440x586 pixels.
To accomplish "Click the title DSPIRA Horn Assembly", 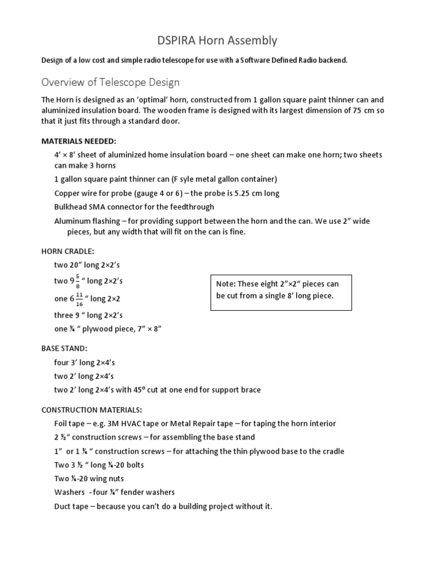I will coord(217,40).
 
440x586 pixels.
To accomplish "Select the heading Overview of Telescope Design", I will coord(110,82).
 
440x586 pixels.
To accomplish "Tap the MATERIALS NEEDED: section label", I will coord(78,141).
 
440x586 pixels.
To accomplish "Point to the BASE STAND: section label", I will coord(64,348).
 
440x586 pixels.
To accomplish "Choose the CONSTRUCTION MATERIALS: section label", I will coord(91,410).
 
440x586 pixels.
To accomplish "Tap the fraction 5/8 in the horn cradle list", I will coord(78,281).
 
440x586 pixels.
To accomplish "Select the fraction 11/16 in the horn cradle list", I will coord(79,299).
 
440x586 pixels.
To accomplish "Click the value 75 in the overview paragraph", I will coord(353,110).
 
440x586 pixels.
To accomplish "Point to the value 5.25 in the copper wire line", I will coord(238,193).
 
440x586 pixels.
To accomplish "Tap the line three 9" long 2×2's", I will coord(88,315).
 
